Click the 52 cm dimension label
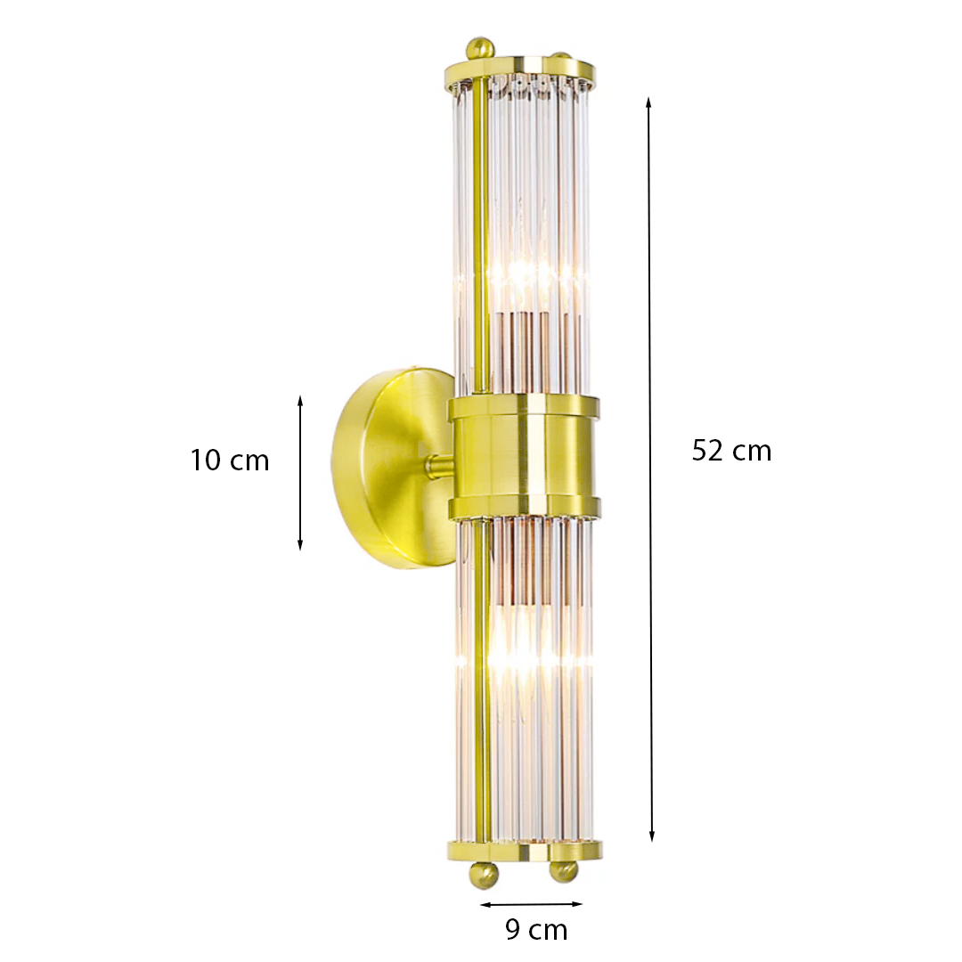click(731, 451)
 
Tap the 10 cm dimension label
click(230, 461)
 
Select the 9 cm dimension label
click(536, 929)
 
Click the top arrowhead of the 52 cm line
click(648, 102)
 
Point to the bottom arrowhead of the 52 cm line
click(652, 836)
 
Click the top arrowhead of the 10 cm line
click(300, 401)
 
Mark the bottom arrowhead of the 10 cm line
click(300, 544)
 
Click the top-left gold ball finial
click(480, 48)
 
